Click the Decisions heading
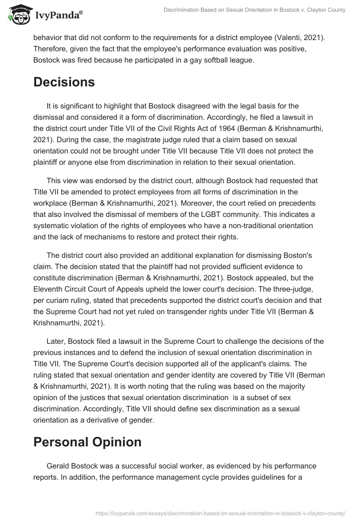[64, 82]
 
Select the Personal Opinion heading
[87, 441]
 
